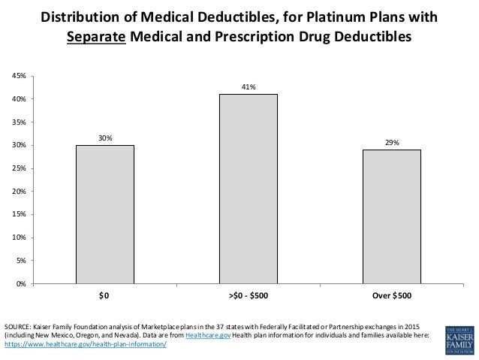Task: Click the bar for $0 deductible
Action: coord(104,214)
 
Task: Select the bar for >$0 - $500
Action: coord(249,189)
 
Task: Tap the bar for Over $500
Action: coord(392,216)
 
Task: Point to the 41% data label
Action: coord(249,87)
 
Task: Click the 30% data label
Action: coord(104,138)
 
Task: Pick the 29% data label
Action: coord(392,142)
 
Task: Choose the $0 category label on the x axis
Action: coord(104,296)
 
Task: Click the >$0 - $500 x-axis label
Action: coord(249,296)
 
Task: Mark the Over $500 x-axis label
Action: coord(392,296)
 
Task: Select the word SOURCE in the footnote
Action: coord(18,327)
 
